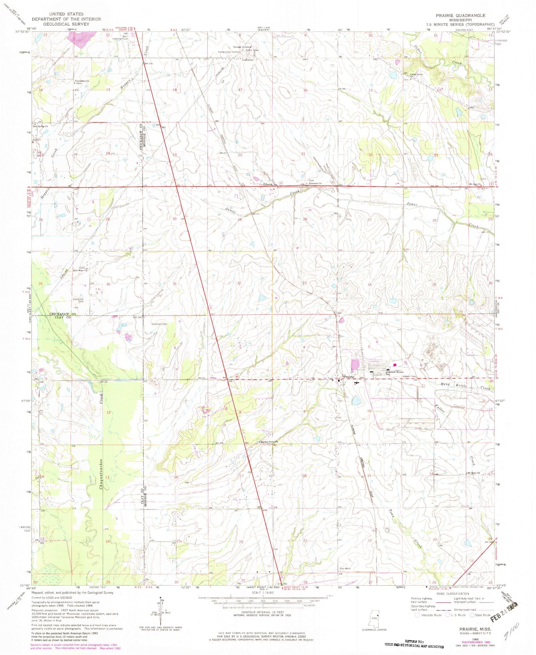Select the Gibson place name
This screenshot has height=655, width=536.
268,185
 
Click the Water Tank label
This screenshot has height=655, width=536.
410,376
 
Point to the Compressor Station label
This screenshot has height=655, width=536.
229,52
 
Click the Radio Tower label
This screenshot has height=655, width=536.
252,50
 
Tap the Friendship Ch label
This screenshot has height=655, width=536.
82,81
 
